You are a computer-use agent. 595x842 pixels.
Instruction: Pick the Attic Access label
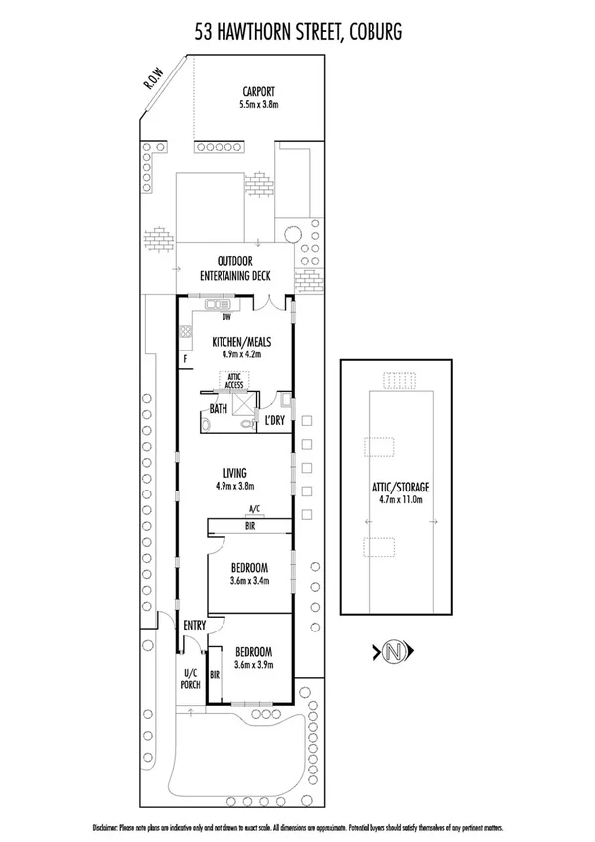click(x=235, y=381)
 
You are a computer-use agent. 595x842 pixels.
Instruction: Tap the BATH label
click(x=218, y=408)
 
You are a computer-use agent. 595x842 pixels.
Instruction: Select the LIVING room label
click(x=235, y=473)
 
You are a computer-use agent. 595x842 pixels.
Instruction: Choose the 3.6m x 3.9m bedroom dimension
click(x=252, y=665)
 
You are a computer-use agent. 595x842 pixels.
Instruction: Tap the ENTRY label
click(x=195, y=625)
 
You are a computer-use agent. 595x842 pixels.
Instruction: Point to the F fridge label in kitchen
click(x=185, y=358)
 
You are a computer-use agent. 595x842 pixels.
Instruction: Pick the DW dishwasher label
click(x=228, y=318)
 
